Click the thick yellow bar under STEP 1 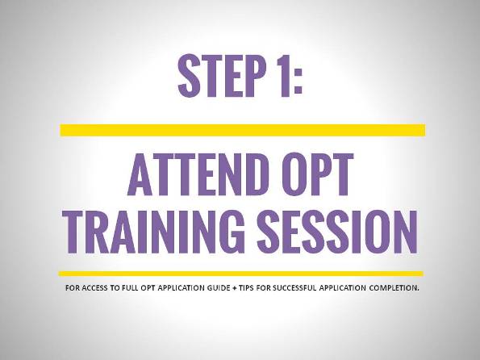(x=243, y=130)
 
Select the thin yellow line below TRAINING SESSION (x=241, y=274)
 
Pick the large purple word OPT (x=315, y=174)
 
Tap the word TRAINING (x=153, y=232)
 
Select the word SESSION (x=337, y=232)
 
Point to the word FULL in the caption (x=130, y=288)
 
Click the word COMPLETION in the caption (x=394, y=288)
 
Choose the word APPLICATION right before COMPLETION (x=343, y=288)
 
